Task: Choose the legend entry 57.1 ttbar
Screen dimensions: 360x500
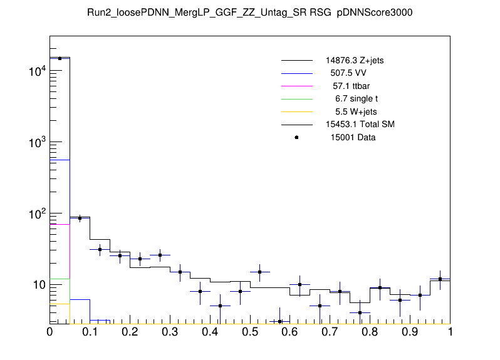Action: [352, 85]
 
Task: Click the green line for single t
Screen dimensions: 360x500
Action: [296, 98]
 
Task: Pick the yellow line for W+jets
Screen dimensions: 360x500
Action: [296, 111]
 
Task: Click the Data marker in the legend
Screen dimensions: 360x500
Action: [296, 137]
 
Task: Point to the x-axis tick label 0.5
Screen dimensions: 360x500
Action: [250, 332]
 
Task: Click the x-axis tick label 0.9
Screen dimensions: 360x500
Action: [410, 332]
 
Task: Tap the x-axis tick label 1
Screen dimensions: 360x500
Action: [450, 332]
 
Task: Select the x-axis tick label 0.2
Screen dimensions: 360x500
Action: [130, 332]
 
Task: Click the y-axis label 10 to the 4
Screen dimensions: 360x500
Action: [35, 72]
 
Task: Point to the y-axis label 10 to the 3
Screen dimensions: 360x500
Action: [35, 143]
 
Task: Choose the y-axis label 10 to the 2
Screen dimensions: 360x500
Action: [35, 214]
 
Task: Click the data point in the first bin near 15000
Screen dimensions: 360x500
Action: [60, 58]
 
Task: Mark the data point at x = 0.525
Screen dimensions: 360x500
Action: [260, 272]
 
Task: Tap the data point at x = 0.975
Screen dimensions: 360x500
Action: [440, 279]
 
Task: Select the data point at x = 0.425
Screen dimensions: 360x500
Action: [220, 306]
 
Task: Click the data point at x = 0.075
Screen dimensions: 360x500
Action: [80, 218]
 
